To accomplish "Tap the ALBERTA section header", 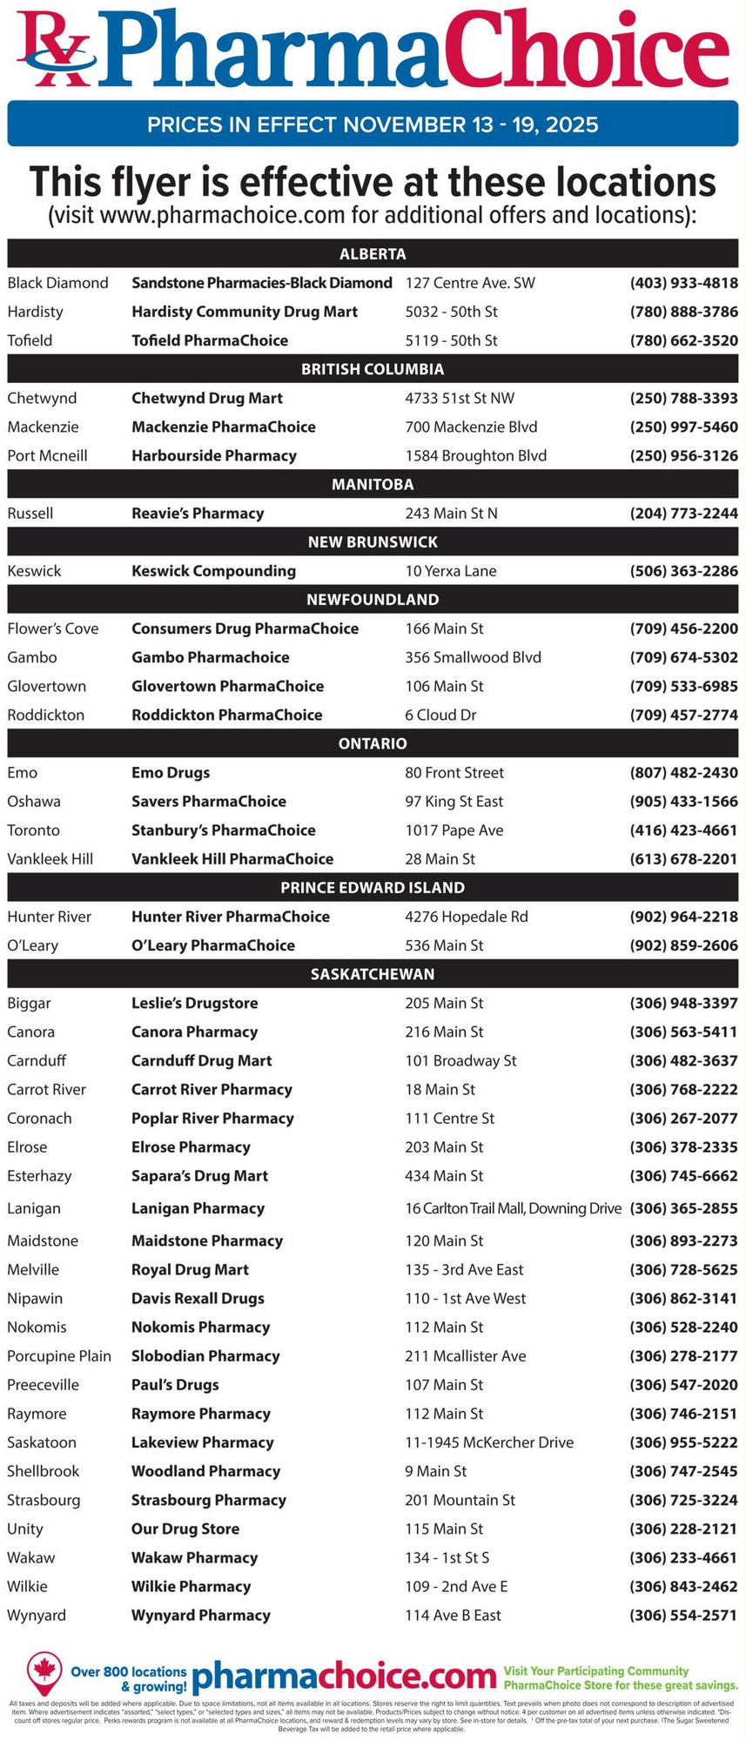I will click(373, 254).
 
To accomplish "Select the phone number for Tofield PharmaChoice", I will click(683, 340).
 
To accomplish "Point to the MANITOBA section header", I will click(373, 484).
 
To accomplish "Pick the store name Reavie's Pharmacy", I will click(198, 514).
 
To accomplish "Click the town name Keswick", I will click(34, 571).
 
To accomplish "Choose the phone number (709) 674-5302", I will click(683, 657).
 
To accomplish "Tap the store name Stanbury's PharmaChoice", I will click(223, 830).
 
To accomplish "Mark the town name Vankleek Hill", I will click(50, 859).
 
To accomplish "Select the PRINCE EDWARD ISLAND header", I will click(373, 888).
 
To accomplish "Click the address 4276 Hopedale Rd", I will click(466, 917).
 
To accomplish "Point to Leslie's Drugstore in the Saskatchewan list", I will click(194, 1003).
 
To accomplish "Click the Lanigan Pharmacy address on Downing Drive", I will click(513, 1208).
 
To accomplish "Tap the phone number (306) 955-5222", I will click(683, 1442).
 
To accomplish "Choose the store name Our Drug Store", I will click(185, 1529).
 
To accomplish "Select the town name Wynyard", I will click(37, 1615).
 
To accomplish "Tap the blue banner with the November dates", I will click(373, 124).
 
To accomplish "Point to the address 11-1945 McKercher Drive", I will click(488, 1442).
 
